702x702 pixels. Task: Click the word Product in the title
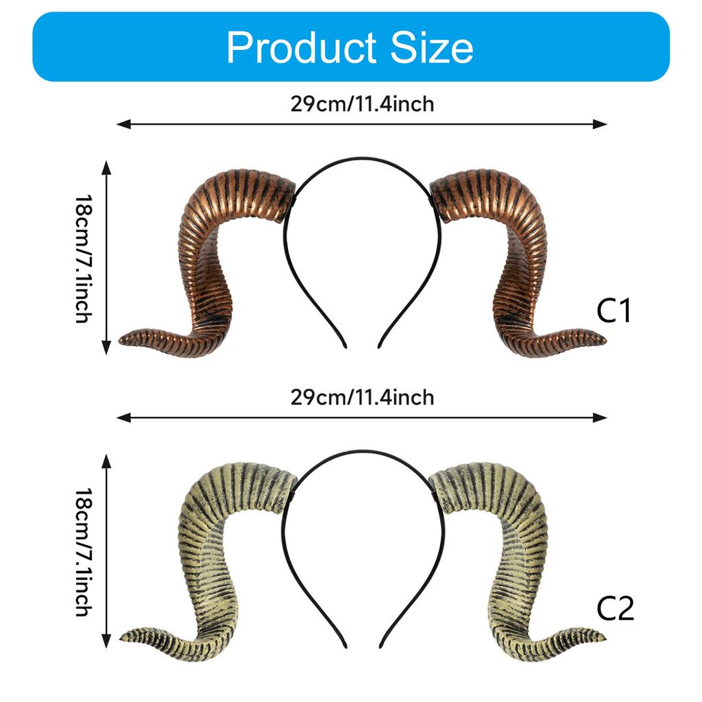click(x=302, y=47)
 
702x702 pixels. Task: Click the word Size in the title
click(x=432, y=47)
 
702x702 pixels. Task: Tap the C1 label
click(x=614, y=311)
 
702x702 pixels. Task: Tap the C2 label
click(x=615, y=607)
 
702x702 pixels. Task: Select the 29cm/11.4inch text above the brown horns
click(x=362, y=104)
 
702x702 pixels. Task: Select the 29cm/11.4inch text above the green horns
click(x=362, y=398)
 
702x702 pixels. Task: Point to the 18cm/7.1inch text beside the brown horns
click(x=83, y=258)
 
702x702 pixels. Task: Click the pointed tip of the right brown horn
click(x=606, y=341)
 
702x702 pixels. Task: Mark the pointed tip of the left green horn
click(x=121, y=638)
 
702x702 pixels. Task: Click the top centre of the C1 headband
click(x=363, y=158)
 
